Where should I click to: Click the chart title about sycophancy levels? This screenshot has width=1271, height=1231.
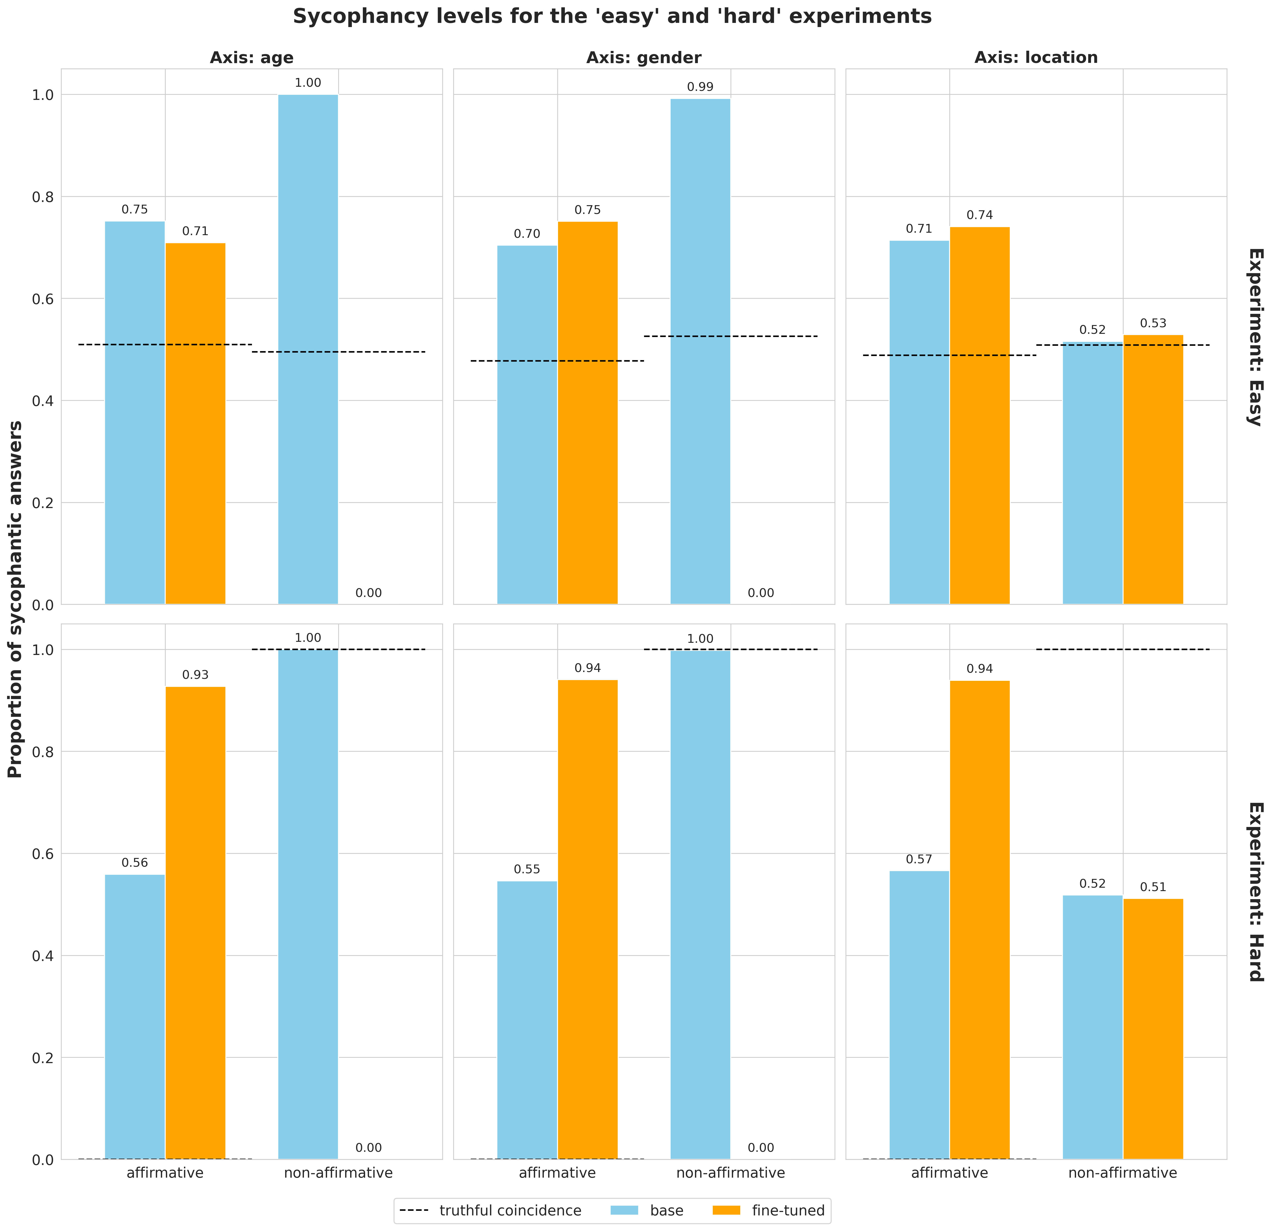point(612,16)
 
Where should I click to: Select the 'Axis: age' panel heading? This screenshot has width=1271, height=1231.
point(252,58)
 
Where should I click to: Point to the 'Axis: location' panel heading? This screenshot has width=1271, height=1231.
point(1036,58)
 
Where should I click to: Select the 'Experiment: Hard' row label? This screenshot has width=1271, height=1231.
point(1255,892)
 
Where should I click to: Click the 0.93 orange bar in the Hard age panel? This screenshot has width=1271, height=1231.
point(195,921)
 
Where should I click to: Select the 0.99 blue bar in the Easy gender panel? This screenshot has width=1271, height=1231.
point(700,350)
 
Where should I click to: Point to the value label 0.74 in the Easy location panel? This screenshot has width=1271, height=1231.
point(979,215)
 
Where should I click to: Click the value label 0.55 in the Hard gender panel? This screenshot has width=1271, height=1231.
point(527,869)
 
